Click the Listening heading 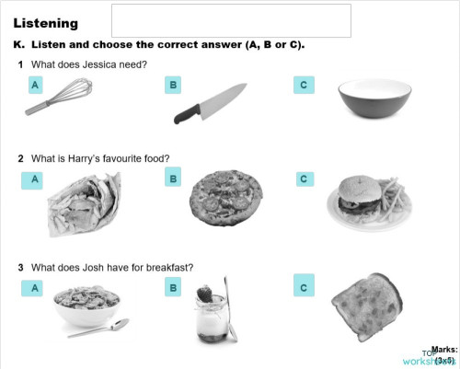(45, 23)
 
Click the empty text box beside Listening (231, 20)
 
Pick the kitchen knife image (211, 103)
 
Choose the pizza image (225, 193)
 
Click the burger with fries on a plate (362, 196)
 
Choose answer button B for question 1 (172, 86)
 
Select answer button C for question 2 (304, 179)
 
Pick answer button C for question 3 (304, 285)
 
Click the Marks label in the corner (444, 349)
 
